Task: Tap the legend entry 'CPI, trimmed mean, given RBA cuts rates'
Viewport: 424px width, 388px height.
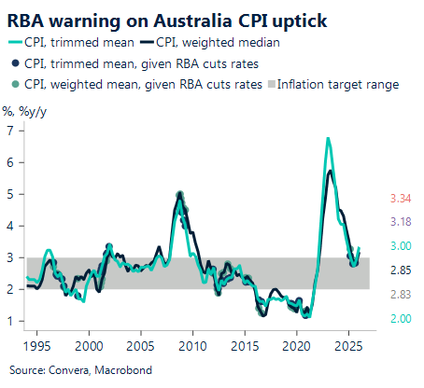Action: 138,62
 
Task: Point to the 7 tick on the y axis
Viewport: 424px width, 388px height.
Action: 11,130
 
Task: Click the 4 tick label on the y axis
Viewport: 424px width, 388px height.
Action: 11,226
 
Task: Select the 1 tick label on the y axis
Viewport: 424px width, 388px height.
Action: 11,322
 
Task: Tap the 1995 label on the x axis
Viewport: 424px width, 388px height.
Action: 37,345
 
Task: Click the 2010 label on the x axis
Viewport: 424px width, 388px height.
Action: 192,345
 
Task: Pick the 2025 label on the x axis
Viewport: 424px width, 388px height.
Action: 347,345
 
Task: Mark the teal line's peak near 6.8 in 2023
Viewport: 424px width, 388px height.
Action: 328,138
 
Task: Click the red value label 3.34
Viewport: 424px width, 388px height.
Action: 400,198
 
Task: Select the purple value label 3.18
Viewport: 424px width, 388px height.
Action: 400,221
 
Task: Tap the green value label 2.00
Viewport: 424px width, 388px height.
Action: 400,318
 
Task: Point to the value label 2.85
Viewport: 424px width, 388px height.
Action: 400,270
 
